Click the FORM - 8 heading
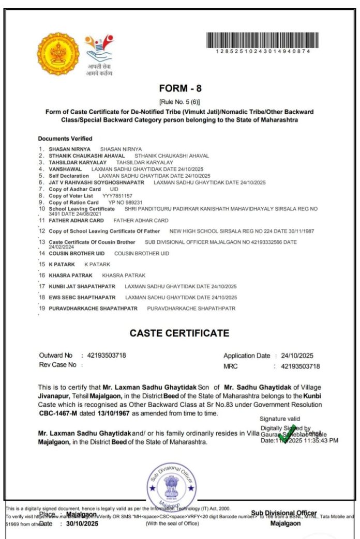tap(181, 88)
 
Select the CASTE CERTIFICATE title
tap(179, 333)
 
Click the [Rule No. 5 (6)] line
tap(179, 102)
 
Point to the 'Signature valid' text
tap(280, 419)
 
